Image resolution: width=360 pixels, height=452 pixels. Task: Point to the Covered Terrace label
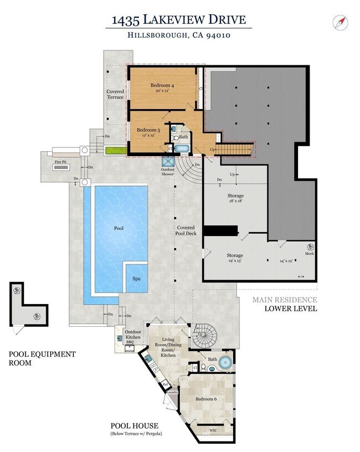pos(115,94)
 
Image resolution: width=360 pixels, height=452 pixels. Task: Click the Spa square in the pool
pos(136,279)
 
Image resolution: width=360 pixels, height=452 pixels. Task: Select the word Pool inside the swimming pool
pos(119,228)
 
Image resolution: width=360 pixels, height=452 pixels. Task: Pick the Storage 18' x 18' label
pos(235,198)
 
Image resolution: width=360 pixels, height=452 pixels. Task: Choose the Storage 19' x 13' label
pos(235,258)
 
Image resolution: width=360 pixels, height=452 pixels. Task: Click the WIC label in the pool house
pos(213,430)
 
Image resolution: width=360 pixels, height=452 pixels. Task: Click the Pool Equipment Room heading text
pos(43,358)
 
